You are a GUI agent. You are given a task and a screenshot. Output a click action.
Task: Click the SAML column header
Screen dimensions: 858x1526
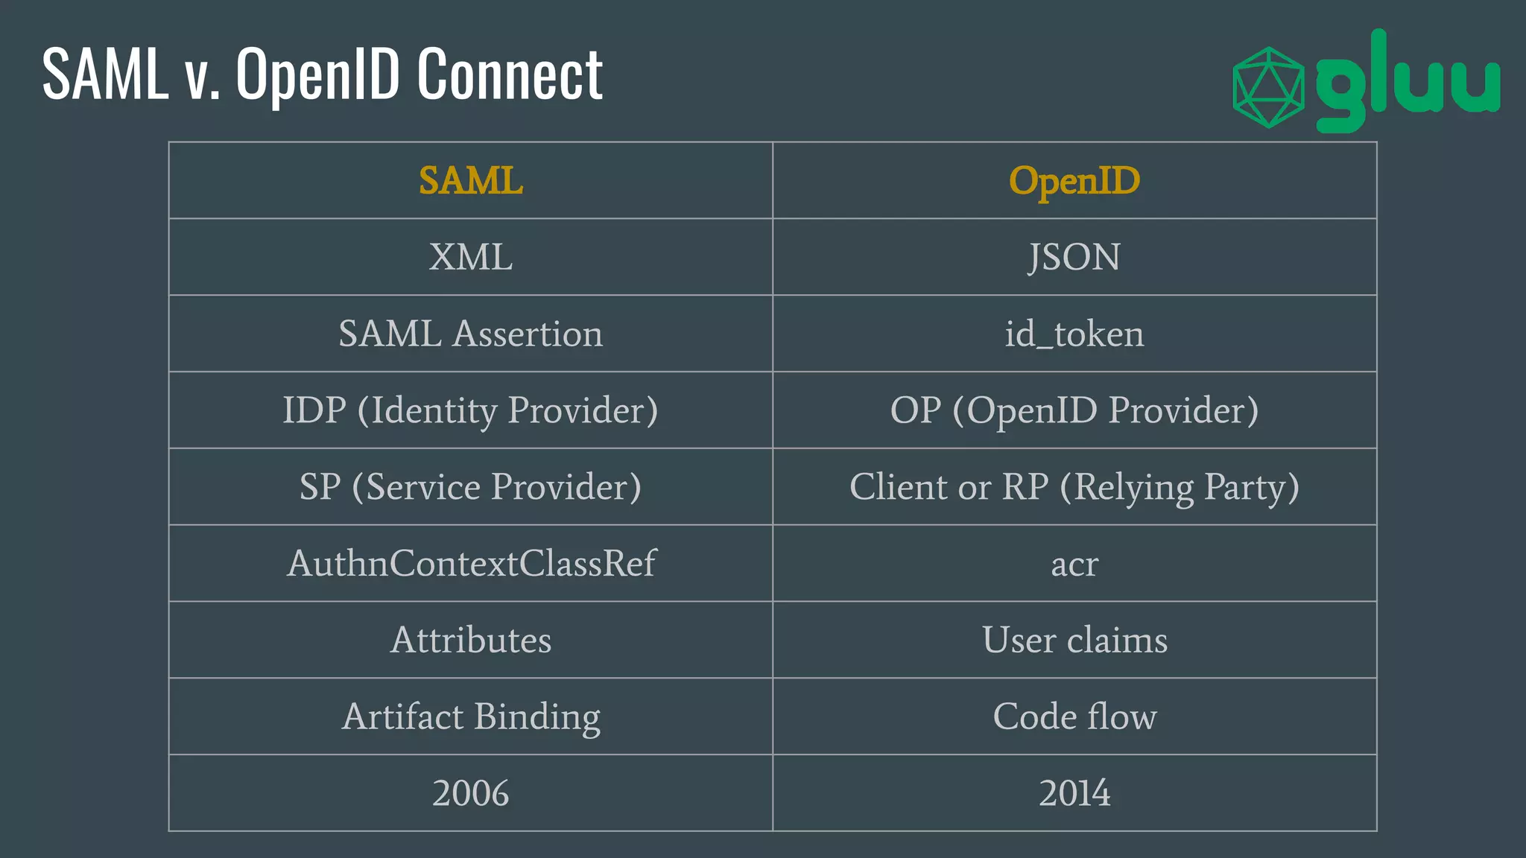click(x=471, y=181)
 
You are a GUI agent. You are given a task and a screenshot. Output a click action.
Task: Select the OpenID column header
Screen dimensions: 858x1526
click(x=1074, y=181)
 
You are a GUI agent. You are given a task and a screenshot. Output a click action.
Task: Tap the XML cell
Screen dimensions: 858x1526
click(x=471, y=258)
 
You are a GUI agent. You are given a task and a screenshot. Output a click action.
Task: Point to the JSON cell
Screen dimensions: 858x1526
click(x=1074, y=258)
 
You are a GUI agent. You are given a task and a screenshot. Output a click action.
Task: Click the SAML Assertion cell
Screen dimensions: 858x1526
click(x=471, y=334)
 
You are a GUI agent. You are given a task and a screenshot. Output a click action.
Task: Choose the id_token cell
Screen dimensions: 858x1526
click(x=1074, y=334)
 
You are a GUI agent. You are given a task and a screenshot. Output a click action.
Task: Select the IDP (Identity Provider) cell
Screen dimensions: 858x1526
click(x=471, y=410)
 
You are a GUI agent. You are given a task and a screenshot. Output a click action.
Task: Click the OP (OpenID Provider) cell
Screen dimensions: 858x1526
click(x=1074, y=410)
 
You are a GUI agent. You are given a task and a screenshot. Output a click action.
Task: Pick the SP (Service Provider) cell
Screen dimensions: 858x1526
click(x=471, y=487)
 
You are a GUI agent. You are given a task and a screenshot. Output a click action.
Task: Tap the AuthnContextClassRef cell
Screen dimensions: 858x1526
click(x=471, y=564)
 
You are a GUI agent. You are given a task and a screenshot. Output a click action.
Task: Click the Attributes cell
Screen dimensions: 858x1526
click(x=471, y=641)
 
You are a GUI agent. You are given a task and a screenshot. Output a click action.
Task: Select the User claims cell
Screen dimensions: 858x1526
click(x=1074, y=641)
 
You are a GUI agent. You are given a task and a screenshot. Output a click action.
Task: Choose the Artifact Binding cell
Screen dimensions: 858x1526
click(x=471, y=717)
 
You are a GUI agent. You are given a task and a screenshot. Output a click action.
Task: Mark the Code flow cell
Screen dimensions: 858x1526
click(x=1074, y=717)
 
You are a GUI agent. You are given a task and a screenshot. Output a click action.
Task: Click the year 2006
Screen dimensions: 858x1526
click(x=471, y=793)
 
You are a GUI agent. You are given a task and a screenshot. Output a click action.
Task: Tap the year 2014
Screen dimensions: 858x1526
click(x=1074, y=793)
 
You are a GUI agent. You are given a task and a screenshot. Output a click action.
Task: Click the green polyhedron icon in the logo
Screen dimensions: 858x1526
click(x=1268, y=88)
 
